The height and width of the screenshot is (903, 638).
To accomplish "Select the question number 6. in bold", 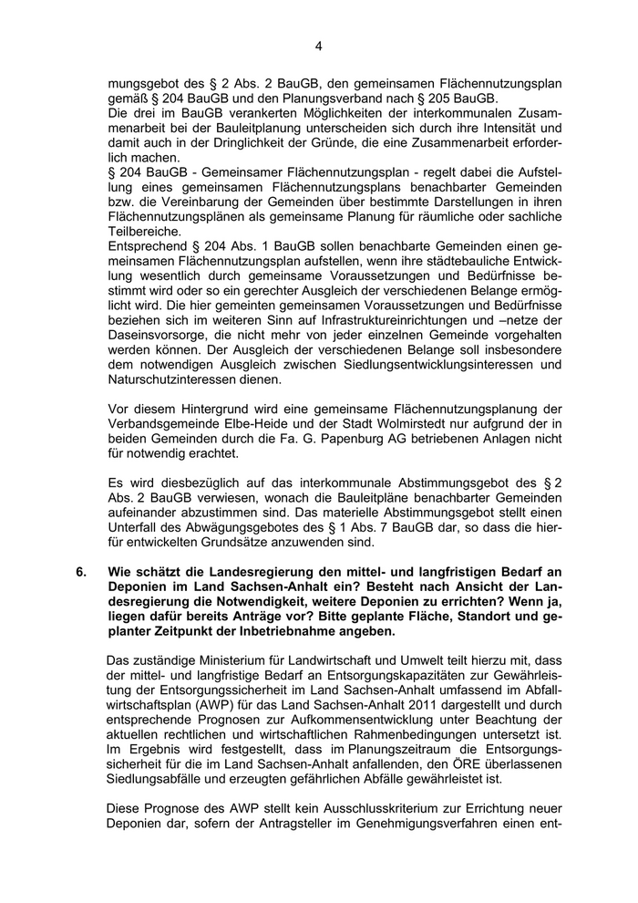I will click(82, 573).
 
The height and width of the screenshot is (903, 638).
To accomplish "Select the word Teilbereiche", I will click(143, 232).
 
